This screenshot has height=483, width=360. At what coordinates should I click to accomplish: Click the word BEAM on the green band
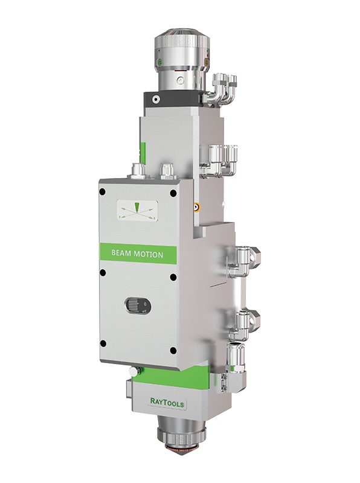click(x=121, y=254)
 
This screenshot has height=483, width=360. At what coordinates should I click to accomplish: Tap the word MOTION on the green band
click(x=149, y=254)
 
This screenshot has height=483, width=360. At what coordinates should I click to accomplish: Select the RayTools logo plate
click(x=167, y=401)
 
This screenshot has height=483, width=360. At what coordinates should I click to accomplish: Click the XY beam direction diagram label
click(x=138, y=211)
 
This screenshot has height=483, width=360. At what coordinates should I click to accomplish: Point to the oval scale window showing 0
click(x=138, y=306)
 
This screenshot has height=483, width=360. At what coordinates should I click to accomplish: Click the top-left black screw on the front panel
click(x=102, y=192)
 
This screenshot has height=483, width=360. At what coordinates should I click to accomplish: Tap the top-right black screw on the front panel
click(x=173, y=193)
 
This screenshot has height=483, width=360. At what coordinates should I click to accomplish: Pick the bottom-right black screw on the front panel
click(x=173, y=351)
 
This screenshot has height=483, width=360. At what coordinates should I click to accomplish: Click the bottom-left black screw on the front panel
click(x=103, y=344)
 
